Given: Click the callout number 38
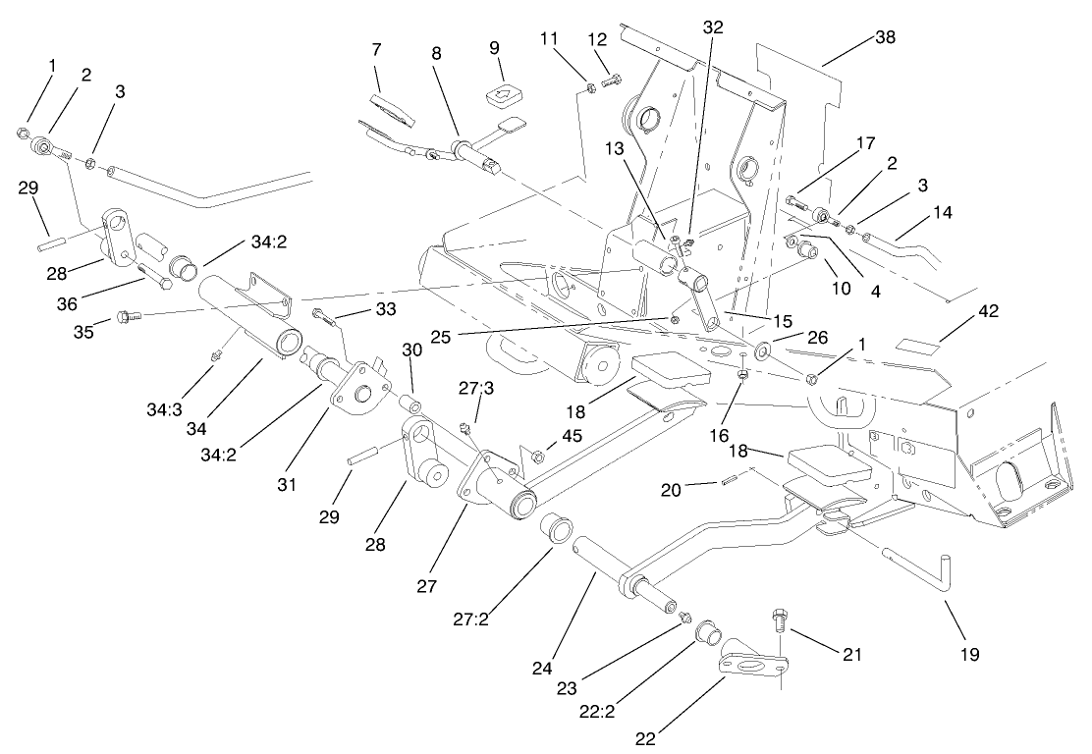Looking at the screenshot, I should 886,38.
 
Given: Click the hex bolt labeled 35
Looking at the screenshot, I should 127,316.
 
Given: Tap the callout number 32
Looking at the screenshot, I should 713,27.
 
